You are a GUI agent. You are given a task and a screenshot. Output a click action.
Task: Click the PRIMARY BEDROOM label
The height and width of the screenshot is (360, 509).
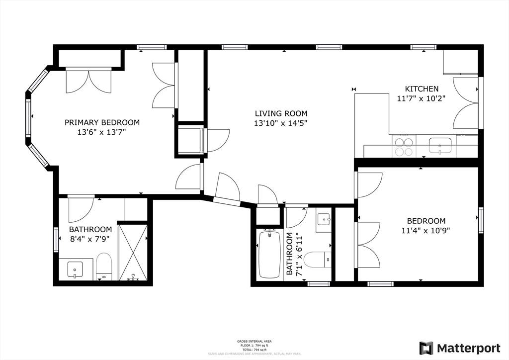coord(102,122)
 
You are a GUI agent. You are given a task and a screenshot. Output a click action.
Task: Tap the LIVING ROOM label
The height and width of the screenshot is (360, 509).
coord(281,113)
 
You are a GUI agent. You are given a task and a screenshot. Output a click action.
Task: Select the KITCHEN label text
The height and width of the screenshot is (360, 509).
coord(421,89)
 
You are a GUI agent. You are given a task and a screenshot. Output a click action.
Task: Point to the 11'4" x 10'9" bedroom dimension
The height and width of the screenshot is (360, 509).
coord(426,230)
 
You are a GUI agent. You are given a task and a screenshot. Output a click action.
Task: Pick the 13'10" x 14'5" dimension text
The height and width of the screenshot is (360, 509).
coord(281,123)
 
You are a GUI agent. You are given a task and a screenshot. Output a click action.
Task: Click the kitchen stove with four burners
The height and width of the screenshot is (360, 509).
coord(403,146)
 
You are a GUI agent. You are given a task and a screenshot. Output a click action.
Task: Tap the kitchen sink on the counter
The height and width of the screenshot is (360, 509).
coord(440,146)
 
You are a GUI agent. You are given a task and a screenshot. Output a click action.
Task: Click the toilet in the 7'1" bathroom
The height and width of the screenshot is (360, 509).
coord(317,259)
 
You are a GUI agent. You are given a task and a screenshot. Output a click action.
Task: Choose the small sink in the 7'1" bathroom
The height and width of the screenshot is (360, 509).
coord(324,219)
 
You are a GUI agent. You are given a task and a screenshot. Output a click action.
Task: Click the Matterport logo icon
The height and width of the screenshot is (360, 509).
coord(426,348)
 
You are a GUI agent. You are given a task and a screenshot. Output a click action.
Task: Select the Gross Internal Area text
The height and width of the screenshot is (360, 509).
coord(254,341)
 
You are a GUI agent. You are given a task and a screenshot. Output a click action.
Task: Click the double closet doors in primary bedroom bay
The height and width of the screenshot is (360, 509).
coord(88,81)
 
